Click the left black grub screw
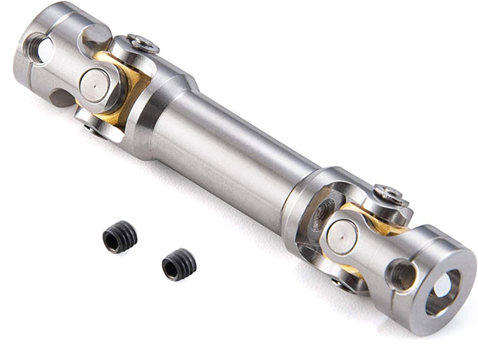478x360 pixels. click(x=119, y=237)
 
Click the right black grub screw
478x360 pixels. click(x=178, y=264)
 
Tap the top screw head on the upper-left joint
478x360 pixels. click(x=143, y=45)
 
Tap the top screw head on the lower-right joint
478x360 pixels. click(x=390, y=194)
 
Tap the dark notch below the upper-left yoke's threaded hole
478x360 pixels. click(x=61, y=98)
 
